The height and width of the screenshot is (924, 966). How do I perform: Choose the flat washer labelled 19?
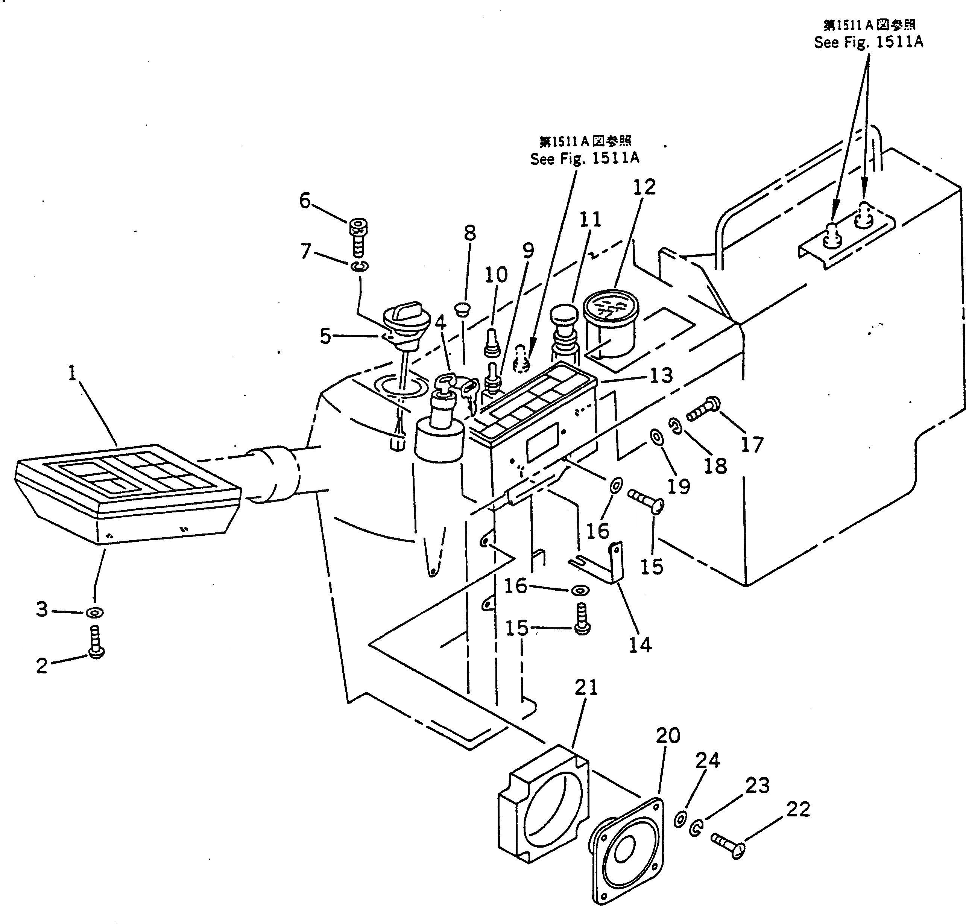(656, 436)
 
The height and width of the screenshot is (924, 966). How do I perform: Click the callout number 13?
(661, 376)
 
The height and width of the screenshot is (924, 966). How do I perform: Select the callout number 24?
(708, 760)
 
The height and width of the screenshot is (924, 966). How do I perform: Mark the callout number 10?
(496, 275)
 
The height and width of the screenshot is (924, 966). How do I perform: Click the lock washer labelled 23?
(696, 828)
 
